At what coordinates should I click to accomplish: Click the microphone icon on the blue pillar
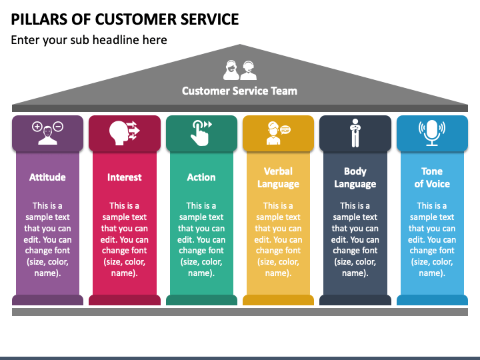tap(432, 133)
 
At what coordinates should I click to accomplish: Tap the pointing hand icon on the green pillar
tap(201, 133)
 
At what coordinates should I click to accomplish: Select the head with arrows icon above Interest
tap(124, 133)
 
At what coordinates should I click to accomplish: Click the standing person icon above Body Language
tap(355, 133)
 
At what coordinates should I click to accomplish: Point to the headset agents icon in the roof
tap(240, 70)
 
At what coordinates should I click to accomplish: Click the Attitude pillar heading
tap(47, 177)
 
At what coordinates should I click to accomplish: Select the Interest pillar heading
tap(124, 177)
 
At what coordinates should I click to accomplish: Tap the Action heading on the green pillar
tap(201, 177)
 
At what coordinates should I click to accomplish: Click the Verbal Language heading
tap(278, 177)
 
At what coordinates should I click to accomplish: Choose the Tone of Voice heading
tap(432, 177)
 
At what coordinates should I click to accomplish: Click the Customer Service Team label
tap(239, 91)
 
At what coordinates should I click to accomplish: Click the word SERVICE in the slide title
tap(209, 19)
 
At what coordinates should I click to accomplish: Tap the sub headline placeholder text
tap(89, 40)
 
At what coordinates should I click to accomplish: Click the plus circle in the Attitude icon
tap(37, 127)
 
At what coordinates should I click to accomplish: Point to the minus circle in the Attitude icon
tap(58, 126)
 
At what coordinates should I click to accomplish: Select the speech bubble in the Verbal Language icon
tap(285, 130)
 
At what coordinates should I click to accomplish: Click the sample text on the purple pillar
tap(47, 239)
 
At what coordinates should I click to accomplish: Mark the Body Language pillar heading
tap(355, 177)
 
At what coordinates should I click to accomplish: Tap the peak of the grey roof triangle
tap(240, 45)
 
